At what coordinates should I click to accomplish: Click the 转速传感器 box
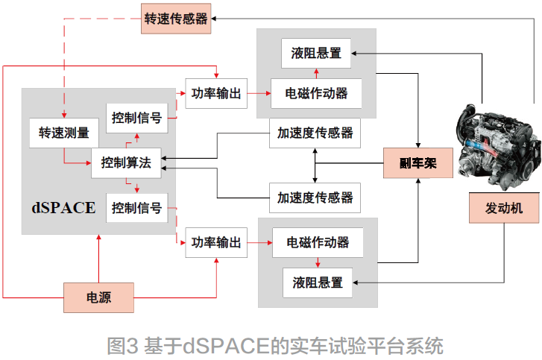coord(176,19)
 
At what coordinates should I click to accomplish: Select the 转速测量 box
coord(64,133)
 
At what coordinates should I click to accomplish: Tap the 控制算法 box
coord(126,163)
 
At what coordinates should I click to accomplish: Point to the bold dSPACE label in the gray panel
coord(63,207)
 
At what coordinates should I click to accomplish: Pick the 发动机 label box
coord(504,207)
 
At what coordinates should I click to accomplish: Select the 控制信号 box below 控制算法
coord(136,208)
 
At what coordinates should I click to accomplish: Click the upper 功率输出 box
coord(216,93)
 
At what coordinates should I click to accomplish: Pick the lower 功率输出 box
coord(216,242)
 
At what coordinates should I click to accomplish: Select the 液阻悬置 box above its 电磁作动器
coord(316,53)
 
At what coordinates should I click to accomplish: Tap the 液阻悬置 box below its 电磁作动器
coord(318,282)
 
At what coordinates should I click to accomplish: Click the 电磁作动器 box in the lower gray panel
coord(318,242)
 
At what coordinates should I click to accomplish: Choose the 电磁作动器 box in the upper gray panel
coord(317,93)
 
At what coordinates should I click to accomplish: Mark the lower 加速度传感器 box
coord(315,198)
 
